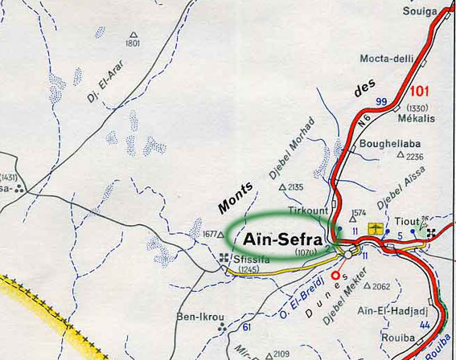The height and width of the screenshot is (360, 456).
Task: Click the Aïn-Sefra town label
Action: [x=277, y=240]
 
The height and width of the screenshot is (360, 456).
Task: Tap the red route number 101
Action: [x=425, y=91]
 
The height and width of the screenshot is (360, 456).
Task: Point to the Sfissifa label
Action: [x=249, y=259]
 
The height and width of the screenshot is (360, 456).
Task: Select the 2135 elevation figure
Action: [x=296, y=187]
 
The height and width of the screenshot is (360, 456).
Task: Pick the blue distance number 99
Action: [x=381, y=101]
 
